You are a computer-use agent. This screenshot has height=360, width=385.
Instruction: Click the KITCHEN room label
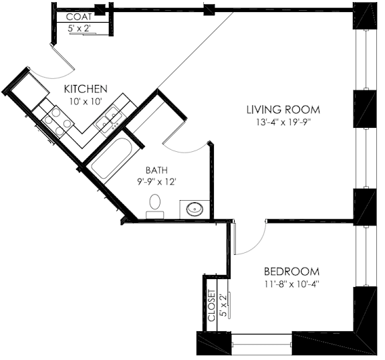pyautogui.click(x=86, y=89)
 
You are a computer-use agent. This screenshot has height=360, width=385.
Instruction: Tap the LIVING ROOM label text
pyautogui.click(x=283, y=110)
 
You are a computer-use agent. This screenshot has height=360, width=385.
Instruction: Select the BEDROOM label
pyautogui.click(x=291, y=272)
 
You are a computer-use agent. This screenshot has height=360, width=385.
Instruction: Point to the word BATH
pyautogui.click(x=156, y=170)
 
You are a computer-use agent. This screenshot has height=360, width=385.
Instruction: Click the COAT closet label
pyautogui.click(x=79, y=17)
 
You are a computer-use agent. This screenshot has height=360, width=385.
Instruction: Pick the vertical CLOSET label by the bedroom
pyautogui.click(x=211, y=306)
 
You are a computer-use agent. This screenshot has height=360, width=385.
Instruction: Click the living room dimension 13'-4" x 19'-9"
pyautogui.click(x=283, y=122)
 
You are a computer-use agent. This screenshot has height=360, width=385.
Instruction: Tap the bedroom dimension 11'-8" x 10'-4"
pyautogui.click(x=291, y=284)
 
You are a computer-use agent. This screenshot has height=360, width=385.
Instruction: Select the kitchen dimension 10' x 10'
pyautogui.click(x=86, y=101)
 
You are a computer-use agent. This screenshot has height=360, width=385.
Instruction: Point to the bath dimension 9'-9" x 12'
pyautogui.click(x=156, y=182)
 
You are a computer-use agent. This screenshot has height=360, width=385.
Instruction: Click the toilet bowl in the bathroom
pyautogui.click(x=154, y=202)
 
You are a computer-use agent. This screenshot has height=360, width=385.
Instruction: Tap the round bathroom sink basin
pyautogui.click(x=195, y=209)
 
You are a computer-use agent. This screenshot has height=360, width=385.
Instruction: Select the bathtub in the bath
pyautogui.click(x=112, y=159)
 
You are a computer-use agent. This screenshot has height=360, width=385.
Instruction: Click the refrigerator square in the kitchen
pyautogui.click(x=30, y=89)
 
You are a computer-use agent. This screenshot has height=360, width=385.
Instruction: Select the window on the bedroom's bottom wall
pyautogui.click(x=262, y=344)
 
